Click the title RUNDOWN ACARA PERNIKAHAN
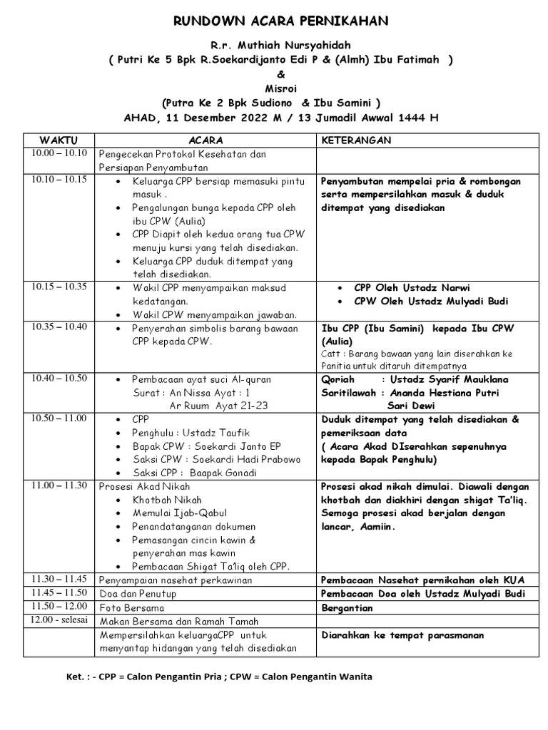[x=281, y=21]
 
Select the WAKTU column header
[x=59, y=140]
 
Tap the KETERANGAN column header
[x=356, y=140]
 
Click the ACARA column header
[x=205, y=140]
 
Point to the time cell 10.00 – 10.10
[x=59, y=153]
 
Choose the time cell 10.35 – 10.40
[x=59, y=327]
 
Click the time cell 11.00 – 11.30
[x=59, y=485]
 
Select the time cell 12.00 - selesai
[x=59, y=620]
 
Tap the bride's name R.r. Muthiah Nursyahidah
[x=281, y=46]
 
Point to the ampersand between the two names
[x=280, y=73]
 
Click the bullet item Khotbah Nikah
[x=167, y=500]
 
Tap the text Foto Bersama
[x=131, y=608]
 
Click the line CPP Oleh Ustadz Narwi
[x=412, y=288]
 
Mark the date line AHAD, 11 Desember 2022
[x=281, y=118]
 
